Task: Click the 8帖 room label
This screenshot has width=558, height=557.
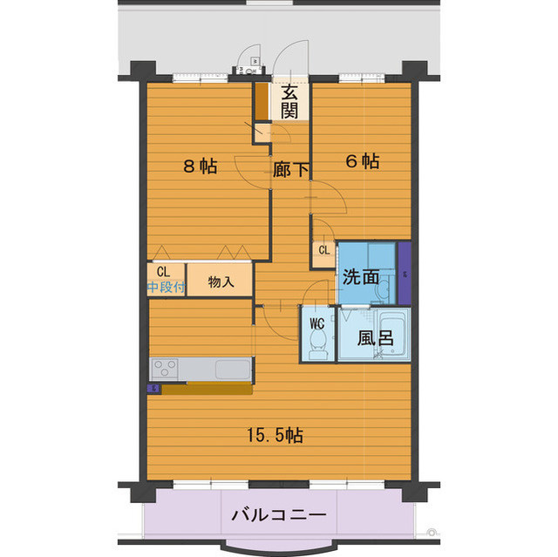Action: coord(200,166)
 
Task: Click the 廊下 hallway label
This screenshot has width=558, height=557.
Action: coord(291,170)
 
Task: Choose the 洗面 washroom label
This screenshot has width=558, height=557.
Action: coord(361,277)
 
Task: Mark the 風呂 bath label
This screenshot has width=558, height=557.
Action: coord(372,338)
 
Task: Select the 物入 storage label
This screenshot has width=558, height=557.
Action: coord(221,282)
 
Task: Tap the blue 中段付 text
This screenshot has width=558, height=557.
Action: coord(165,287)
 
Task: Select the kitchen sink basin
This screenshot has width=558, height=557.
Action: coord(231,368)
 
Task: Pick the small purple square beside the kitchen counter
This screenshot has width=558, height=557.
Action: coord(153,389)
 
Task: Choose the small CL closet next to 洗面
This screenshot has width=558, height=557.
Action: coord(323,251)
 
